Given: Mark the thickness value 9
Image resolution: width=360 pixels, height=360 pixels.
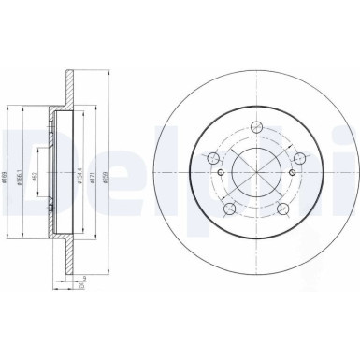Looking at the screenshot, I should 83,279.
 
